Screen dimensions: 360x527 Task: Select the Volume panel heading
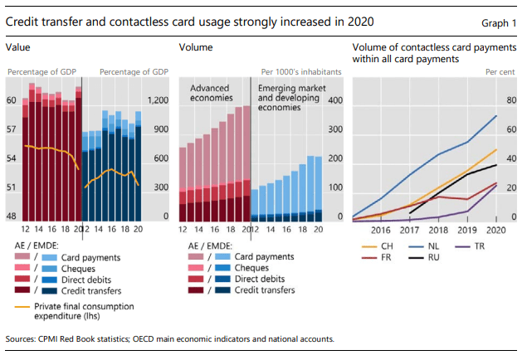pyautogui.click(x=196, y=48)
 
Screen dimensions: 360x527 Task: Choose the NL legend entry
pyautogui.click(x=434, y=246)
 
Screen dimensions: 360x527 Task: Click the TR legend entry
pyautogui.click(x=480, y=246)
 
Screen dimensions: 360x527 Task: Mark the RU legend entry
pyautogui.click(x=434, y=258)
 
